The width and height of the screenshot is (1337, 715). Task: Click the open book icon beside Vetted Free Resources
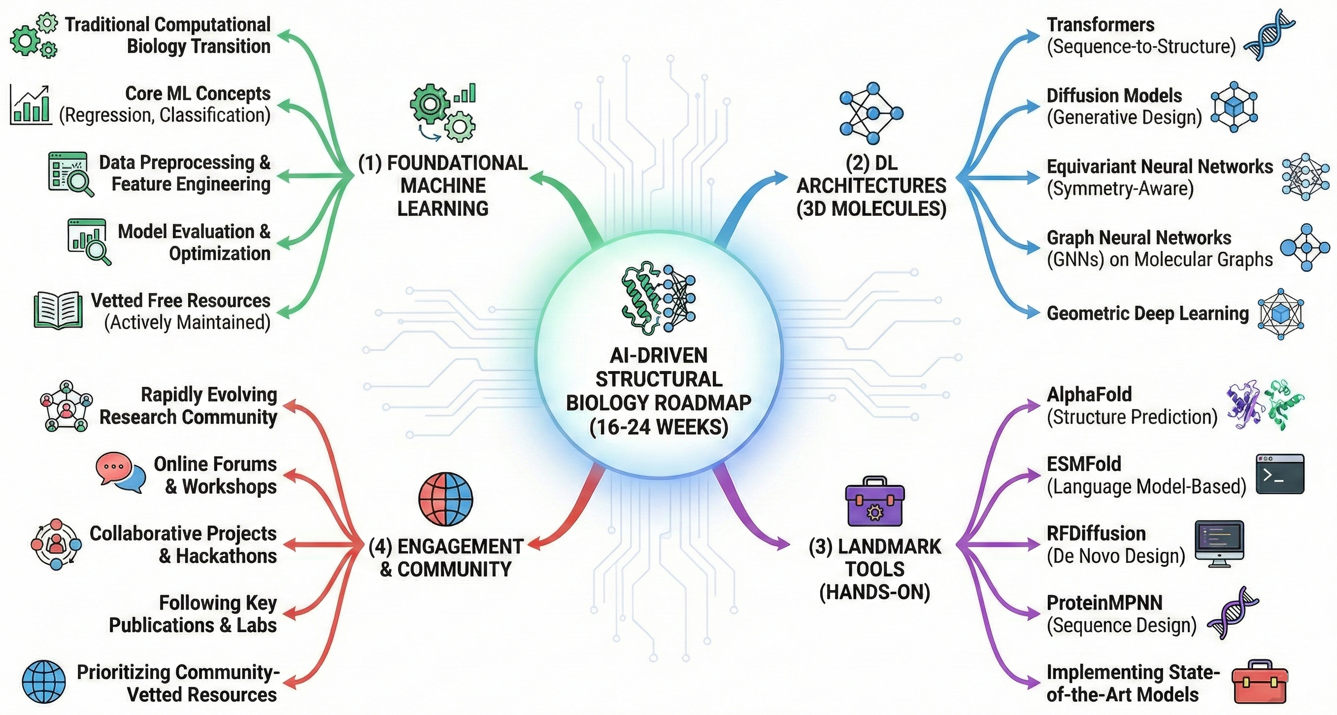click(x=58, y=310)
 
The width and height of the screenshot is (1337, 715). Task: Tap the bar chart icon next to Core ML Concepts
click(x=31, y=105)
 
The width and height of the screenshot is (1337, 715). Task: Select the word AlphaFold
click(x=1089, y=395)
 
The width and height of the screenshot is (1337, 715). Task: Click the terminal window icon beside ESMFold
click(x=1280, y=474)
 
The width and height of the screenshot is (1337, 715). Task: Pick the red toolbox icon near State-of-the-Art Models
click(x=1259, y=682)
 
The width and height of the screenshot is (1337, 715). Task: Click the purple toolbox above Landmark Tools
click(x=875, y=501)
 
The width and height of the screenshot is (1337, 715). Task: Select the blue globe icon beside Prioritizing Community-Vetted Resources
click(x=44, y=682)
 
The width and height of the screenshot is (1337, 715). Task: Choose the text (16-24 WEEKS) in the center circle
click(x=659, y=427)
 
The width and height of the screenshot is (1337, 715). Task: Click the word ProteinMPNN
click(x=1104, y=603)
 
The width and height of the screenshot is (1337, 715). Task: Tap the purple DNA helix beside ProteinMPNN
click(x=1233, y=613)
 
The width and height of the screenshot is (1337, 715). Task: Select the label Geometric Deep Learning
click(x=1147, y=313)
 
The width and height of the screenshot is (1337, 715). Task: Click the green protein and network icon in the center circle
click(x=659, y=299)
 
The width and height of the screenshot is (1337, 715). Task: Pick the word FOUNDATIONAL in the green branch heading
click(x=457, y=163)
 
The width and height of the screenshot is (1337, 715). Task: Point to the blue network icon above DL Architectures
click(x=871, y=113)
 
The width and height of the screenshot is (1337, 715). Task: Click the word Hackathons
click(x=226, y=556)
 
